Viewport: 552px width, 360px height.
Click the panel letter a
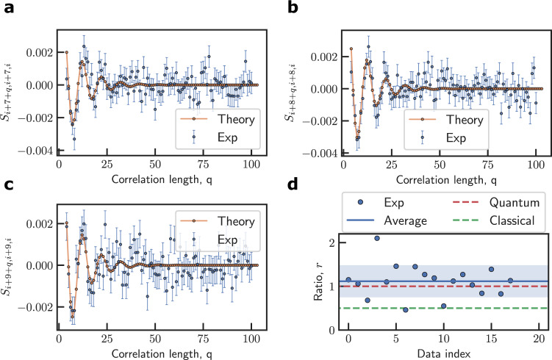[7, 9]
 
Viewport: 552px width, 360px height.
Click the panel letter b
[294, 9]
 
